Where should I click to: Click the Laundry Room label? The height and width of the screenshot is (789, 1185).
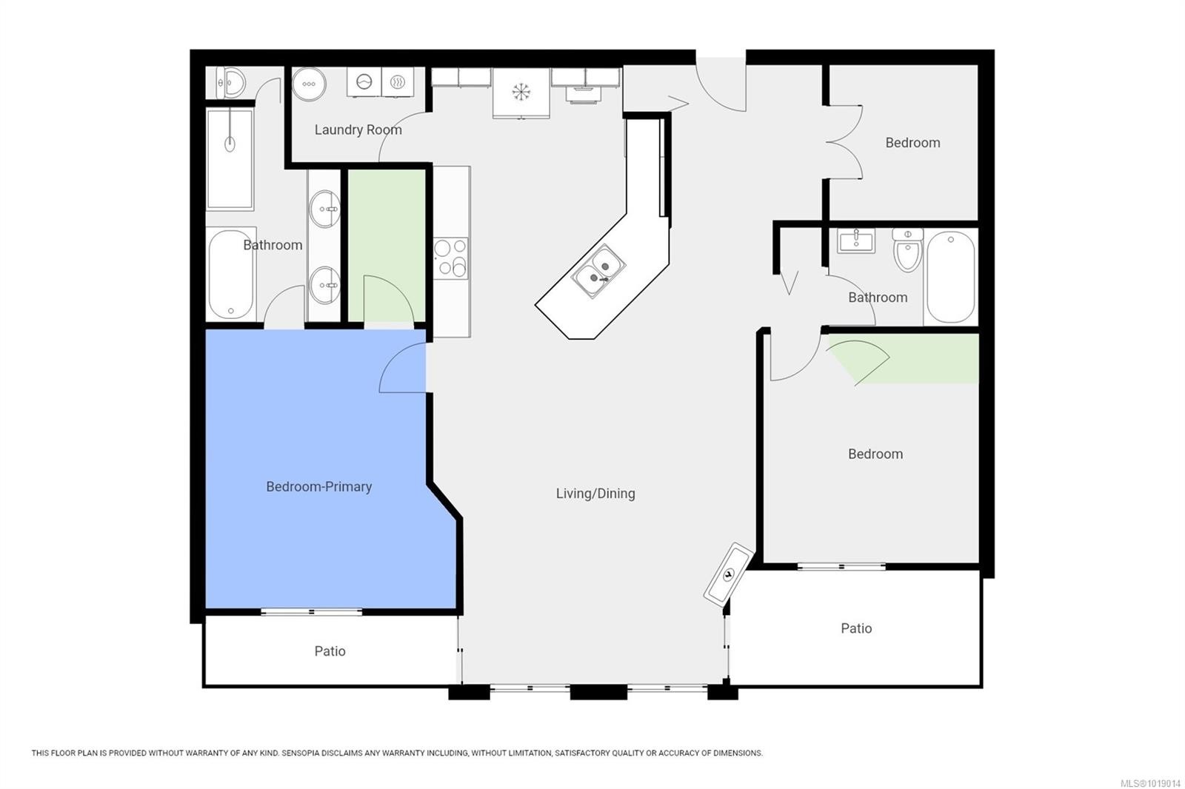(x=358, y=130)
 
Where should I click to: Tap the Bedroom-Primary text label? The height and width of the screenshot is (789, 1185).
(x=318, y=486)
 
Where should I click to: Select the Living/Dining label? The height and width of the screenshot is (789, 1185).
(x=595, y=493)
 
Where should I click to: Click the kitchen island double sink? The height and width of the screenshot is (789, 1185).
(x=598, y=270)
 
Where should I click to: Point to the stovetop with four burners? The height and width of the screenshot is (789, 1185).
(x=451, y=258)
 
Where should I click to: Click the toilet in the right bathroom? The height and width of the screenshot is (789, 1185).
(x=907, y=250)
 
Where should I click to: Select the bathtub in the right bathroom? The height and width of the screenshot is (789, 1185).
(x=950, y=277)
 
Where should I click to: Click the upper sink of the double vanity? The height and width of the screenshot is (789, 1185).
(x=324, y=209)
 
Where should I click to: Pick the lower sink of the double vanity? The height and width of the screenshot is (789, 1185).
(x=324, y=285)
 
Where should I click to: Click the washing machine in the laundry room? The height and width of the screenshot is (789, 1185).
(x=364, y=82)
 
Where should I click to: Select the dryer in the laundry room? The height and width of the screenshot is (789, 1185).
(x=398, y=82)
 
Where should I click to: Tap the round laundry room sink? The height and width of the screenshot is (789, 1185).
(x=308, y=84)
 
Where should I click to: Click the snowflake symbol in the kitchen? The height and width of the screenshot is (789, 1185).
(x=521, y=92)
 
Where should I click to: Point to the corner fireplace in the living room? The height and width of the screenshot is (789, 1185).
(x=729, y=574)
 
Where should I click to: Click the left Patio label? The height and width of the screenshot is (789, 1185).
(x=330, y=651)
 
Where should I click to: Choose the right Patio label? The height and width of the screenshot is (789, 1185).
(x=856, y=628)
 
